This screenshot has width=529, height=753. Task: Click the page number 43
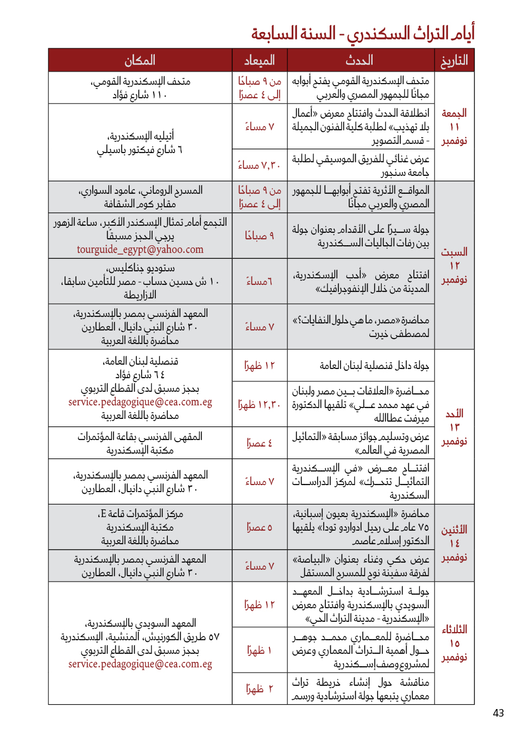(498, 713)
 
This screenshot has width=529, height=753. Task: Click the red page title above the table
(362, 33)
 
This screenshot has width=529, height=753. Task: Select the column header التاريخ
(454, 60)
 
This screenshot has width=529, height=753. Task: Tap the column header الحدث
(360, 60)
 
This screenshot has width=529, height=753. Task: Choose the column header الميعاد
(259, 60)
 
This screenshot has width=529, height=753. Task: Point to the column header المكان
(140, 60)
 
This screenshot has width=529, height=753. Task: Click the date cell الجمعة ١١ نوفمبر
(454, 127)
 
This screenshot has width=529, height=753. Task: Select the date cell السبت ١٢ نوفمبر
(454, 266)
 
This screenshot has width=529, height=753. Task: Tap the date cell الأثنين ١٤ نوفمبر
(454, 543)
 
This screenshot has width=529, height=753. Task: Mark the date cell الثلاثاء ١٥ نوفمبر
(454, 643)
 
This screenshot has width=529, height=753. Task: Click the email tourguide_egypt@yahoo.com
(140, 250)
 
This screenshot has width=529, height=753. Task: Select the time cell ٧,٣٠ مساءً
(259, 165)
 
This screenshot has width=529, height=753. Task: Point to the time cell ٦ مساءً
(259, 281)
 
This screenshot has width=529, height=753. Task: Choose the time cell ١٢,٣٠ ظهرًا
(259, 405)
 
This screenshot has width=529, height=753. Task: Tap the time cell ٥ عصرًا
(259, 527)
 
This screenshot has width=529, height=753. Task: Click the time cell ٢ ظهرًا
(259, 689)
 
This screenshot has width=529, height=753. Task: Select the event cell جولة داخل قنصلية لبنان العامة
(374, 366)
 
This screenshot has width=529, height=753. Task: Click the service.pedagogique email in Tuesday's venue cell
(140, 664)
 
